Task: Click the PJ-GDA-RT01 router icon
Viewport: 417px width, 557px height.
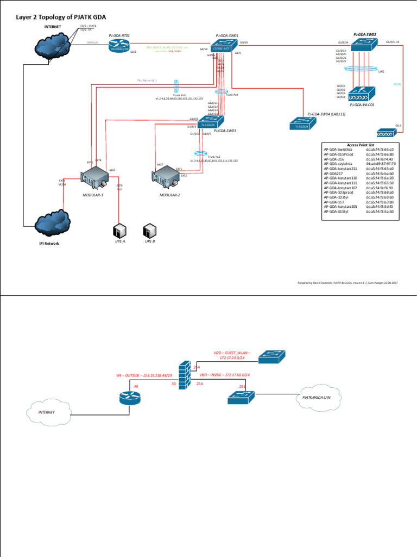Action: pos(119,48)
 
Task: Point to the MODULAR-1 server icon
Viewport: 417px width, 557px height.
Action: pos(93,177)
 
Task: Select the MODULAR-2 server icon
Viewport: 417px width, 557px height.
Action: pos(167,175)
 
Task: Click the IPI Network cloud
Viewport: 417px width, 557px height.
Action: pos(52,223)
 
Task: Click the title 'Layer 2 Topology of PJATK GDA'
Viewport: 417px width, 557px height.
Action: pos(60,16)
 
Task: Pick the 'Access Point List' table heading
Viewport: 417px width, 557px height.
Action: pos(360,145)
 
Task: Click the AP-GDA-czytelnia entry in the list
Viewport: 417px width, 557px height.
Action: pos(339,162)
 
